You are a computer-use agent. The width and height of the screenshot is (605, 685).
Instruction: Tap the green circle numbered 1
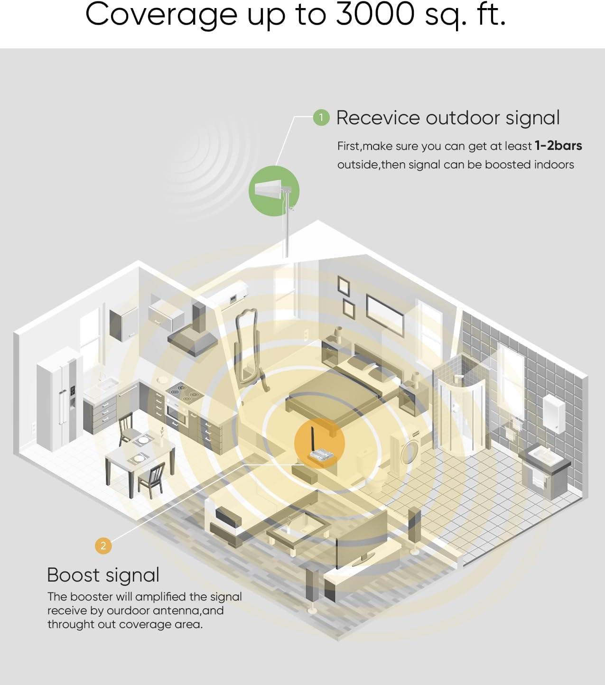pyautogui.click(x=321, y=118)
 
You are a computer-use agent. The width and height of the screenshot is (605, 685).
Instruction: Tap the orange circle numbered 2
pyautogui.click(x=103, y=546)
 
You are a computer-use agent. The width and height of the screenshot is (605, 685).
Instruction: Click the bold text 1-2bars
pyautogui.click(x=558, y=146)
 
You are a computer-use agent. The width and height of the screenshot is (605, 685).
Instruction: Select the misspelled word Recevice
pyautogui.click(x=378, y=118)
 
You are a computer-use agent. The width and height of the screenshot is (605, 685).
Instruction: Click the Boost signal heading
pyautogui.click(x=103, y=575)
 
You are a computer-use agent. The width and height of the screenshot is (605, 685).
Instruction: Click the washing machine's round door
pyautogui.click(x=408, y=453)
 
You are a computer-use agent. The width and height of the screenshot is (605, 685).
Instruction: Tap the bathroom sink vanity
pyautogui.click(x=543, y=470)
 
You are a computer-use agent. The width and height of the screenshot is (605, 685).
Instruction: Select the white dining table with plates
pyautogui.click(x=139, y=455)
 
